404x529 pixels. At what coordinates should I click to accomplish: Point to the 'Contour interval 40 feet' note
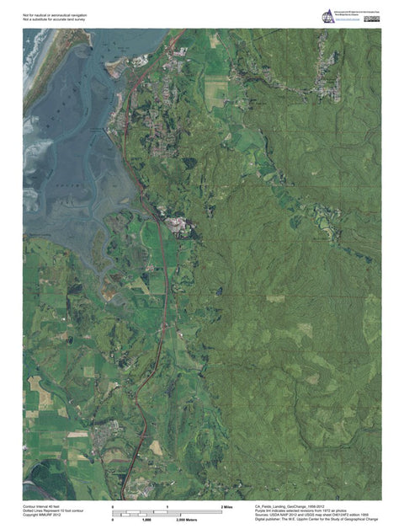tap(42, 506)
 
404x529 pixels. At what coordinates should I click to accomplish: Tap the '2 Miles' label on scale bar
tap(226, 506)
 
